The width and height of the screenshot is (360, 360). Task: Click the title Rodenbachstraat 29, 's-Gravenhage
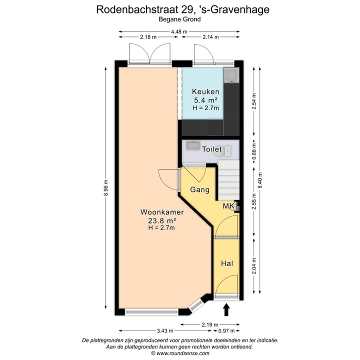179,9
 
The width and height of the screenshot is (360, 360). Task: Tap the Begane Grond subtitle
179,19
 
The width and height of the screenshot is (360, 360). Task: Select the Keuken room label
205,92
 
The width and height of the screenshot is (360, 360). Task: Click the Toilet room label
211,149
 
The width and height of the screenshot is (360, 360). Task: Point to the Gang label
199,190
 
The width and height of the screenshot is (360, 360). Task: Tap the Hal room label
227,263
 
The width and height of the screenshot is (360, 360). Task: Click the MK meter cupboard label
228,206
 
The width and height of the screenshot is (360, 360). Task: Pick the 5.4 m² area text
206,100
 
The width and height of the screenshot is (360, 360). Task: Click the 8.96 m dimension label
105,188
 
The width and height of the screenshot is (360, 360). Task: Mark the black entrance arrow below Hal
225,309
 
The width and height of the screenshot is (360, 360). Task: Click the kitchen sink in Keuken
231,75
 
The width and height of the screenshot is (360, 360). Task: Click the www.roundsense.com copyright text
179,353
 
